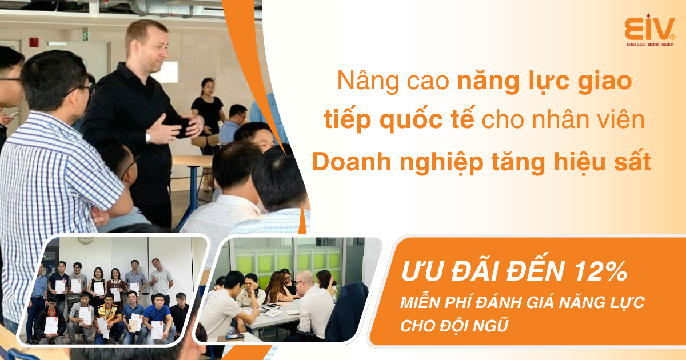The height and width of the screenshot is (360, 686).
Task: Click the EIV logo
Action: [649, 30]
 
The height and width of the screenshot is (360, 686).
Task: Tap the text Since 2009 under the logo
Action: [636, 45]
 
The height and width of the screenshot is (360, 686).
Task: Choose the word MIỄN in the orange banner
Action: [420, 302]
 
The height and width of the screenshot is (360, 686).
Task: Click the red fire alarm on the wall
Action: [34, 42]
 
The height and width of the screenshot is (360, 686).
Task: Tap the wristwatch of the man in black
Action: [148, 137]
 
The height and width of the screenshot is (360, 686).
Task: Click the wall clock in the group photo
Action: [85, 241]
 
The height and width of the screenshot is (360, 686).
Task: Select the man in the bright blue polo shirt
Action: [157, 318]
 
